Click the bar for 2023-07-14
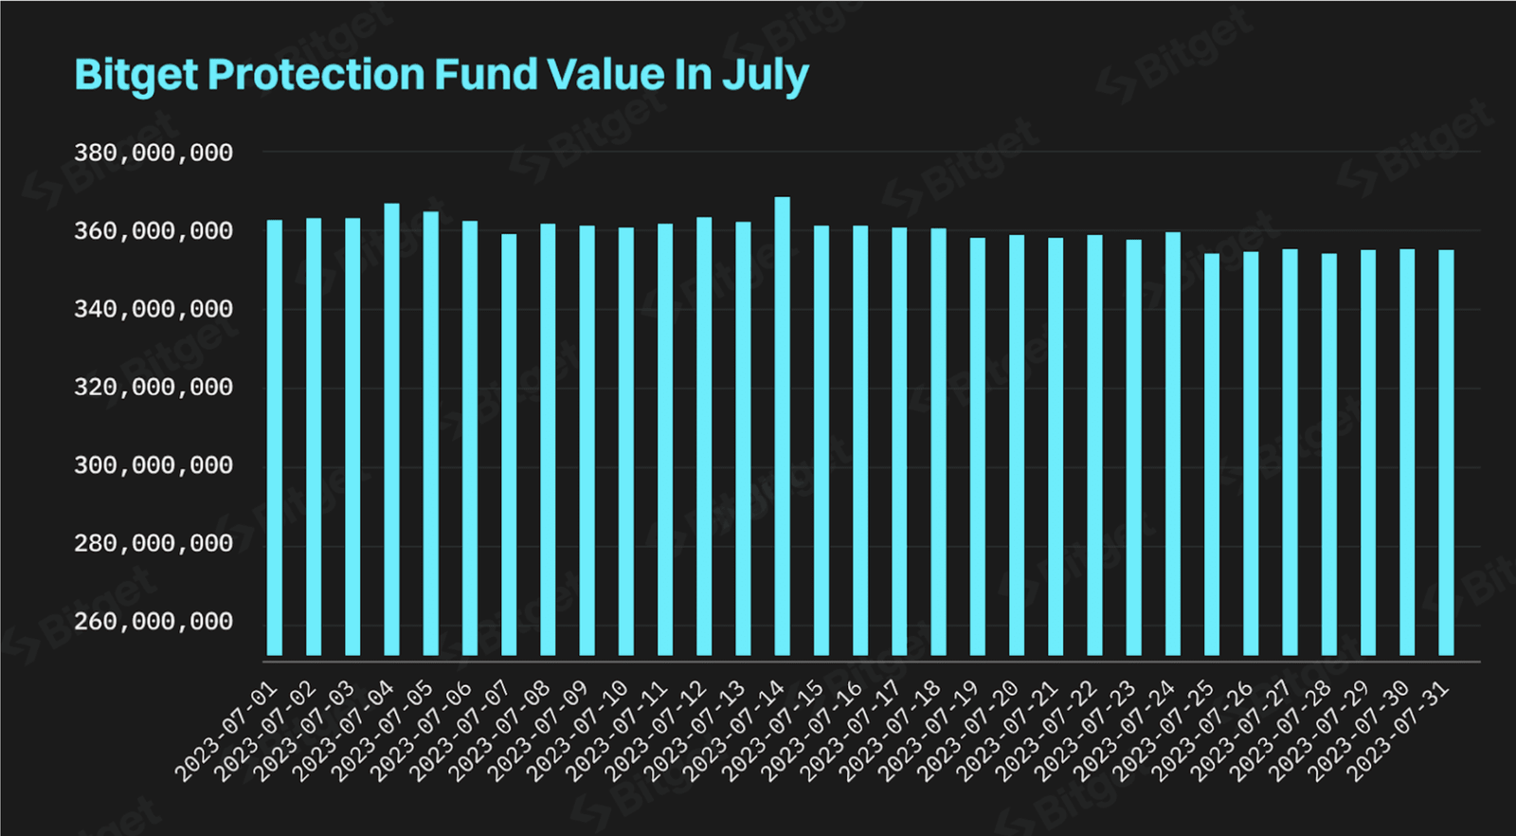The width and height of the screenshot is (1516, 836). [782, 427]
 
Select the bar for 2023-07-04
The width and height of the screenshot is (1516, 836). [391, 429]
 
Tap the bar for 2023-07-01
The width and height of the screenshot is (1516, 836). [275, 438]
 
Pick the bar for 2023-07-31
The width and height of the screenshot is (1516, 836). [1446, 453]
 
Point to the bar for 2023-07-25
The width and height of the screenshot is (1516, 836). [1212, 455]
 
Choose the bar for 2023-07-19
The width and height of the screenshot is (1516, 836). [978, 446]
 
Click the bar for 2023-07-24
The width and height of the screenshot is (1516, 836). [1173, 444]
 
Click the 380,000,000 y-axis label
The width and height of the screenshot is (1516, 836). [153, 153]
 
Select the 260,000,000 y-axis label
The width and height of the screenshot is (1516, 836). [153, 622]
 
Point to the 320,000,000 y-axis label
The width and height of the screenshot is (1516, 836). [153, 388]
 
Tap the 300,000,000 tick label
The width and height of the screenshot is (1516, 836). [153, 465]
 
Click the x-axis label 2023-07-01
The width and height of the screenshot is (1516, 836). [227, 732]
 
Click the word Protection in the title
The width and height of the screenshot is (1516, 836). [316, 75]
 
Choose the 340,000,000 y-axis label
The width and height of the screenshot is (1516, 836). [153, 309]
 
